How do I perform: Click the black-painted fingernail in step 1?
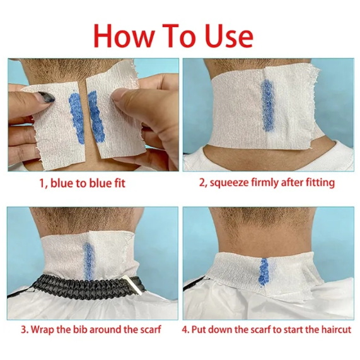point(46,97)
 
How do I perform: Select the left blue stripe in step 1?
point(76,115)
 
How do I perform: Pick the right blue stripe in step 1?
point(96,117)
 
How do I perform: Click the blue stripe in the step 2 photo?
point(267,105)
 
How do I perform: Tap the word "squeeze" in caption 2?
point(226,183)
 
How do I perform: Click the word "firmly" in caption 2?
point(261,183)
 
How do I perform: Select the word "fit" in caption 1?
point(120,183)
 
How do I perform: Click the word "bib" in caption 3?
point(80,330)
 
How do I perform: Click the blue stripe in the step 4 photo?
point(264,272)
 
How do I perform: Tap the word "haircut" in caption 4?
point(336,330)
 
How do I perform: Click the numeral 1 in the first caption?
point(42,183)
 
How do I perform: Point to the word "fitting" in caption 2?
point(320,183)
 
